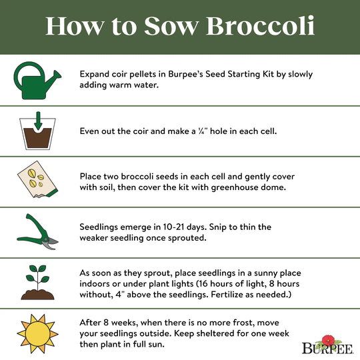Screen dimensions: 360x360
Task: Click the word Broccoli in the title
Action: [x=261, y=26]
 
